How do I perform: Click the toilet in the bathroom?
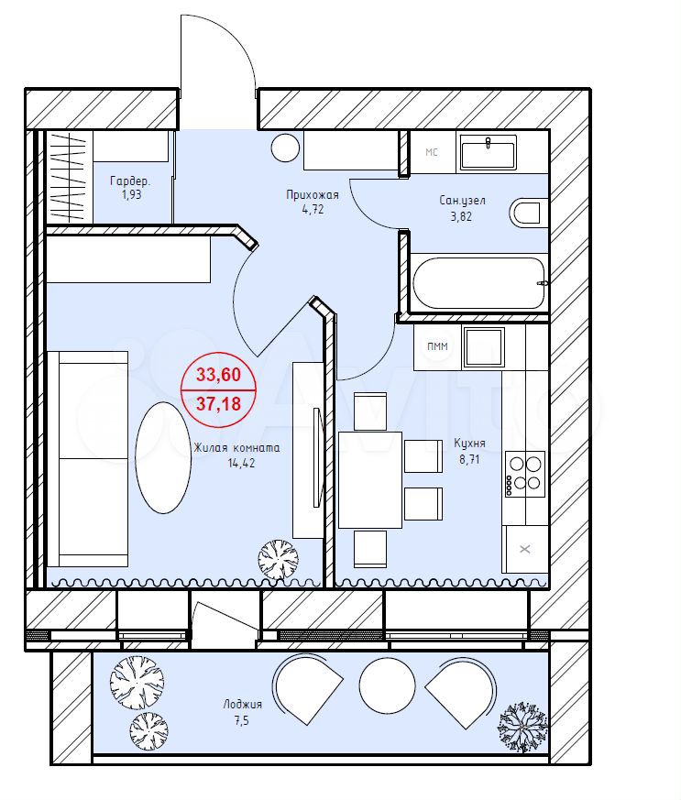point(524,214)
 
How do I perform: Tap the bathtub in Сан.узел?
point(478,283)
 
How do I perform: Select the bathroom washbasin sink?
point(489,152)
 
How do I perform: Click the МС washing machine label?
point(432,152)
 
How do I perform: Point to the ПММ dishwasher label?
point(438,346)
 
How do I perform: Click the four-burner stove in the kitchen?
point(525,474)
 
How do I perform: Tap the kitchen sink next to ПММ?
point(483,348)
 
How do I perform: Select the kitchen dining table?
point(370,479)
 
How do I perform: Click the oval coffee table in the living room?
point(163,457)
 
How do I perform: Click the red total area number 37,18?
point(218,404)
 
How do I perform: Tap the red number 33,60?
point(218,375)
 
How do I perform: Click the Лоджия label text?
point(242,705)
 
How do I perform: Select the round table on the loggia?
point(387,685)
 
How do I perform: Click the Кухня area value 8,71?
point(469,459)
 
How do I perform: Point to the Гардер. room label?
point(130,181)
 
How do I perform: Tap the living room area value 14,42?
point(242,464)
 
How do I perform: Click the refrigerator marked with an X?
point(525,549)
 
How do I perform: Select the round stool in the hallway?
point(285,148)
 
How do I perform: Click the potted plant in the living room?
point(278,560)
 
